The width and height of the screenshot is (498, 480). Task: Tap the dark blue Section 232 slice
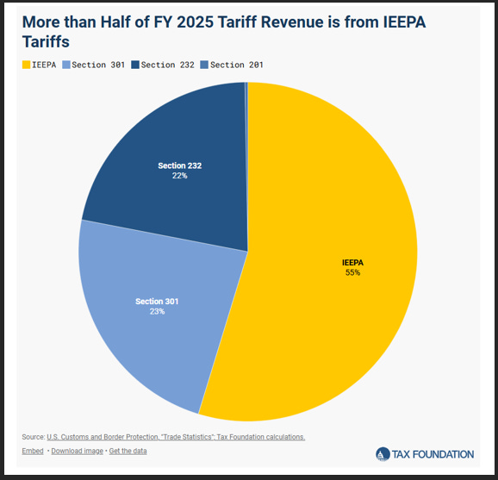click(172, 138)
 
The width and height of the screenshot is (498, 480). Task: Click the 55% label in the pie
click(352, 272)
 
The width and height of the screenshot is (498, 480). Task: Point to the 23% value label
click(156, 311)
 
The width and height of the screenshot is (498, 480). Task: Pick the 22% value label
click(179, 175)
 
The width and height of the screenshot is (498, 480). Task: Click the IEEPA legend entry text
click(45, 65)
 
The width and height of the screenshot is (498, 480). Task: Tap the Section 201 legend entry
click(236, 65)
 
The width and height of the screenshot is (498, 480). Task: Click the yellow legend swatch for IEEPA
click(26, 65)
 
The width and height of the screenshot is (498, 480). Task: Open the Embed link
click(32, 452)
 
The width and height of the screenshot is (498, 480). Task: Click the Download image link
click(78, 452)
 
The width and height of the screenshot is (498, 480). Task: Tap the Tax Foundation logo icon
click(383, 454)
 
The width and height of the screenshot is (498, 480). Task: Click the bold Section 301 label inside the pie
click(156, 301)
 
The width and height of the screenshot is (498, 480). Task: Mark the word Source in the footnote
click(33, 437)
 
